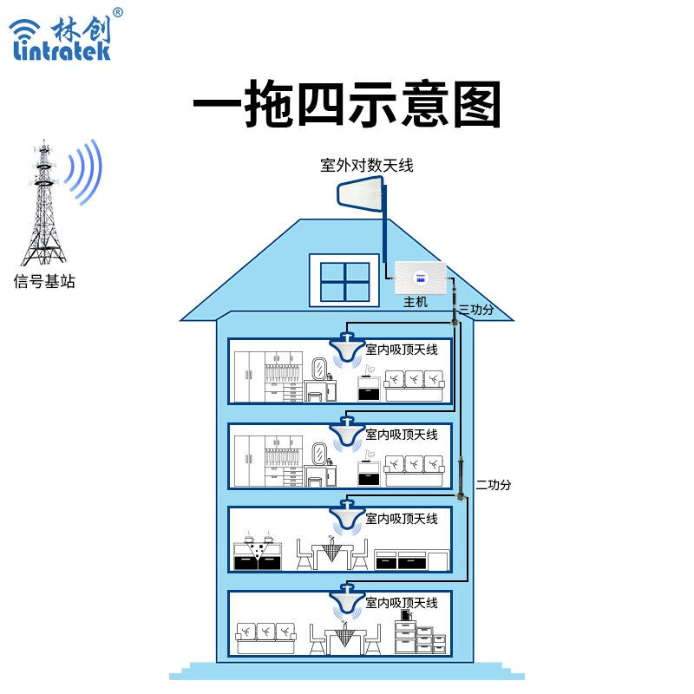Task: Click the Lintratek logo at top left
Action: coord(62,35)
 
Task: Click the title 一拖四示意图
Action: coord(347,104)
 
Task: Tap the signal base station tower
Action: coord(43,203)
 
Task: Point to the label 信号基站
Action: coord(44,281)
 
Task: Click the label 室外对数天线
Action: coord(367,166)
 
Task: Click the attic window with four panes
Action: coord(344,280)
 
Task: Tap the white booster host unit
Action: coord(421,278)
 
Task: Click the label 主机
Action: coord(416,302)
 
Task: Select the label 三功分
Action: coord(476,310)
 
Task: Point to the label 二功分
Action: coord(494,485)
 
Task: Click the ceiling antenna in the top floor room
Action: coord(347,349)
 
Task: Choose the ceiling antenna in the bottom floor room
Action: coord(347,599)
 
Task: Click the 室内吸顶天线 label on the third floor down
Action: coord(402,519)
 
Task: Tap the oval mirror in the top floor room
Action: coord(319,369)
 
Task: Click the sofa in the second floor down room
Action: coord(415,470)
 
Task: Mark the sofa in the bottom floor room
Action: coord(266,638)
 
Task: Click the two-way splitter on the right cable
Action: coord(461,478)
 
